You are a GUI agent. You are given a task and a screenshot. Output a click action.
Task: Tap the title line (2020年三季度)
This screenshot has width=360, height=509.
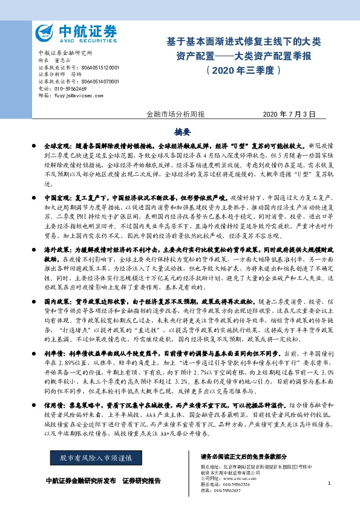point(244,70)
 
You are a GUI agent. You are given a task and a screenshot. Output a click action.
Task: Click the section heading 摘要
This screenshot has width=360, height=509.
point(182,131)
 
